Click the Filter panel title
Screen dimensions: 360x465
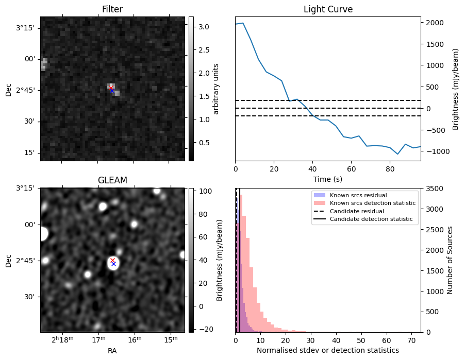pos(112,9)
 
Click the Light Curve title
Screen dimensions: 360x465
pos(328,9)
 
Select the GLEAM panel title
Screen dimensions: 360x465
pos(112,180)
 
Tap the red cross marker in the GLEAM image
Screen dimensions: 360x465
pos(113,260)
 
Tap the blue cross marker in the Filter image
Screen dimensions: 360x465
pos(112,91)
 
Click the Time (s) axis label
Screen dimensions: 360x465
pos(328,179)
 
